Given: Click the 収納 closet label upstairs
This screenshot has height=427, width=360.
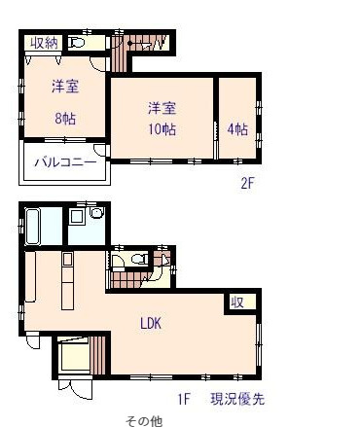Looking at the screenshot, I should click(x=45, y=42).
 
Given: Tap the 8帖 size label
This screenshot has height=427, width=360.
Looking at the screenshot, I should click(x=65, y=118).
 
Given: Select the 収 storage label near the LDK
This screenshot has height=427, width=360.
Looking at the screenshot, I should click(x=236, y=302).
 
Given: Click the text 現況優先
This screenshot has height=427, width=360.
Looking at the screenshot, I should click(x=236, y=399).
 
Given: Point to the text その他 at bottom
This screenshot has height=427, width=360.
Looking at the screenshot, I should click(x=143, y=421).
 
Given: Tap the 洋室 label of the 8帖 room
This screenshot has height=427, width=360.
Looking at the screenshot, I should click(x=65, y=87).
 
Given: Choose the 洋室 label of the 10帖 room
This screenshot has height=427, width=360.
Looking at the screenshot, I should click(x=162, y=106).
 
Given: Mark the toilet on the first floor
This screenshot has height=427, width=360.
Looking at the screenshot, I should click(x=135, y=260).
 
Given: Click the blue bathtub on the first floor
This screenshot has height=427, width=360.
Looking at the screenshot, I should click(x=33, y=227).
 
